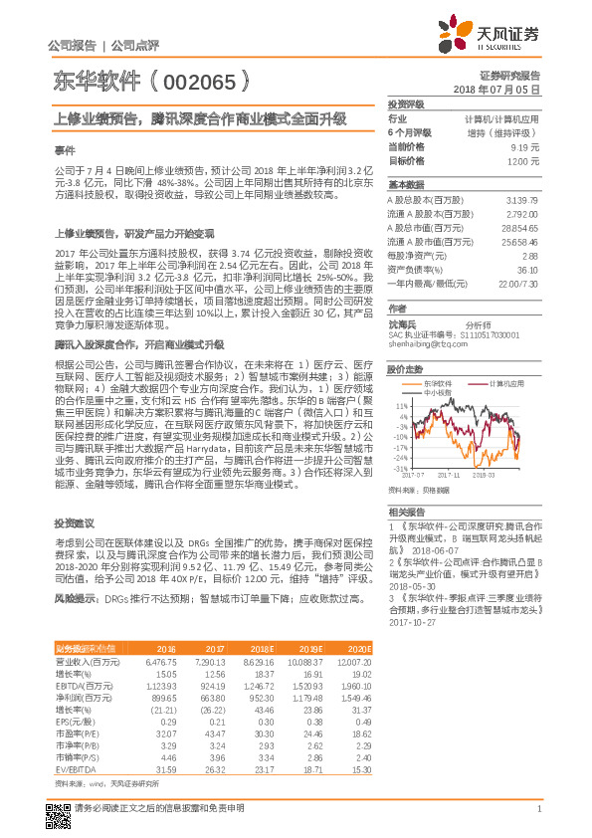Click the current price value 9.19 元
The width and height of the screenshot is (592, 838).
(x=524, y=146)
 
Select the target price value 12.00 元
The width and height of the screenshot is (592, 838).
(x=522, y=160)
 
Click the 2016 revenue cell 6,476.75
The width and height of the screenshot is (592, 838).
(x=160, y=661)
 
